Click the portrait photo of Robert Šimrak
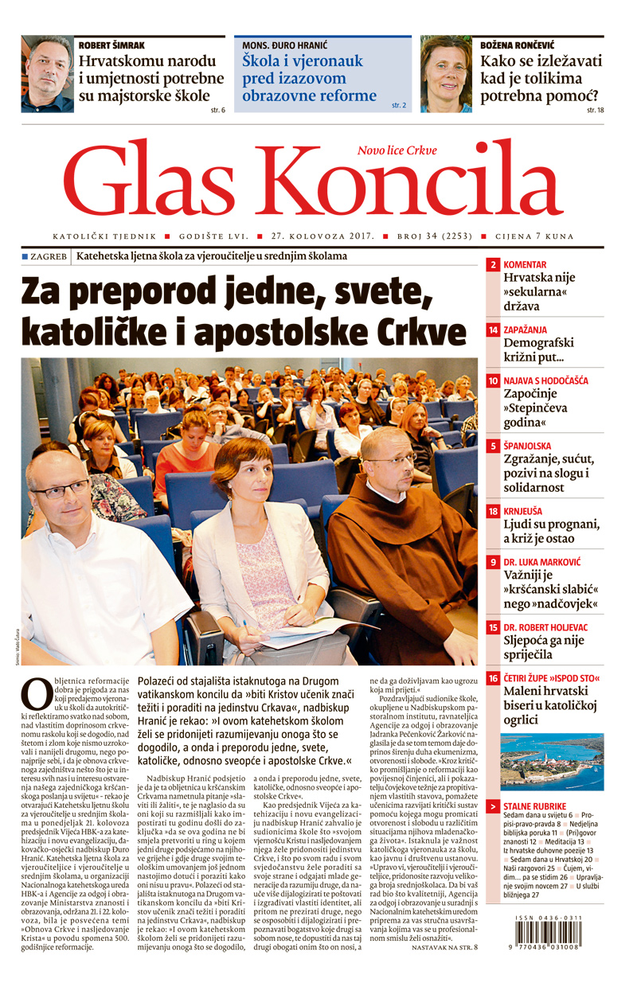click(47, 74)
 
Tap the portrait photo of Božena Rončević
click(446, 74)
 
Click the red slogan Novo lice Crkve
click(397, 150)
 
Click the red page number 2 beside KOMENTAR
click(494, 264)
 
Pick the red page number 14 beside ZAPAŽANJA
click(494, 330)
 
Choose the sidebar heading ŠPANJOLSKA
click(527, 446)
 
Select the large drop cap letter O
click(37, 693)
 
